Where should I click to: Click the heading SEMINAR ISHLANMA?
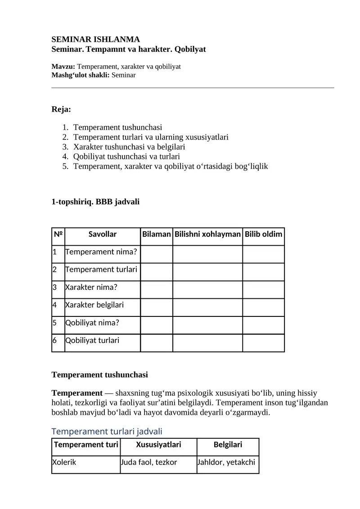tap(96, 40)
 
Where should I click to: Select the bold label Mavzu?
tap(63, 67)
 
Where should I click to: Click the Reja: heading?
tap(61, 109)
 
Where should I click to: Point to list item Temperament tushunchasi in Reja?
tap(117, 127)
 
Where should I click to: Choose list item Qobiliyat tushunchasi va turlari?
tap(126, 157)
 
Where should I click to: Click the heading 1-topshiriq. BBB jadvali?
tap(95, 202)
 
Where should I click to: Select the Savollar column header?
tap(103, 234)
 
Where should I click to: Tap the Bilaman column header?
tap(157, 234)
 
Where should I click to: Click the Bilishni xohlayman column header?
tap(207, 234)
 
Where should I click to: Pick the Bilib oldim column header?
tap(263, 234)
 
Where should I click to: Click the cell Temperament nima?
tap(101, 252)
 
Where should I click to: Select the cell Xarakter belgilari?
tap(94, 305)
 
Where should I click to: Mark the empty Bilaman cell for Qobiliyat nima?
tap(157, 325)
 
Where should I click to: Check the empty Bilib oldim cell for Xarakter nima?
tap(263, 289)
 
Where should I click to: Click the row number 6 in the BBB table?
tap(54, 340)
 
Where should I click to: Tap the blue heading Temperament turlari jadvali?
tap(107, 432)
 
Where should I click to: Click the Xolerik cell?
tap(64, 462)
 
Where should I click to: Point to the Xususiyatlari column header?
tap(158, 445)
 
